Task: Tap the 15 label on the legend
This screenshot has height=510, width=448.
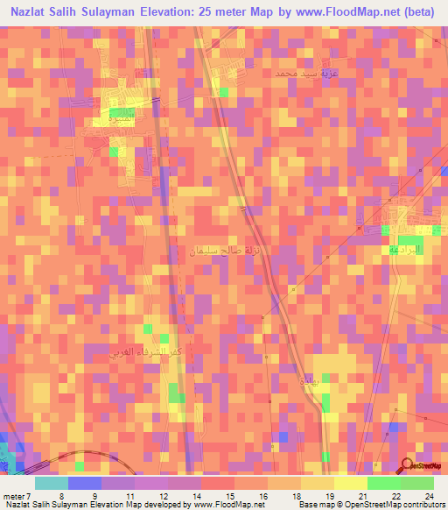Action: (x=227, y=494)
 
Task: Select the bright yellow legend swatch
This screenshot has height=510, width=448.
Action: (x=350, y=483)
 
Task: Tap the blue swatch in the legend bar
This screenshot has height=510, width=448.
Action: (x=84, y=483)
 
